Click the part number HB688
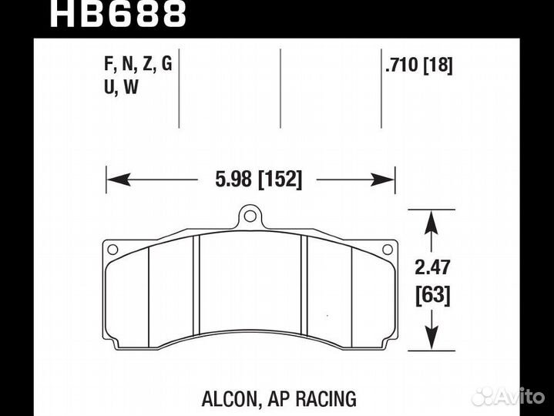tap(117, 13)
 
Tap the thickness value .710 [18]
tap(418, 65)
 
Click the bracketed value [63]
tap(434, 294)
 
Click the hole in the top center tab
tap(250, 216)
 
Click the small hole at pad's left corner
tap(112, 249)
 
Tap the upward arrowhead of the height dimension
tap(432, 224)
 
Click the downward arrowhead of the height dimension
tap(432, 339)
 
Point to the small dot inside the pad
tap(327, 316)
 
